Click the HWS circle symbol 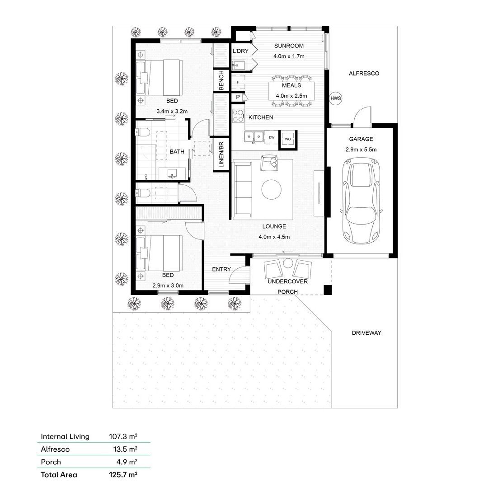336,98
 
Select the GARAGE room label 361,139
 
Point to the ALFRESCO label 364,73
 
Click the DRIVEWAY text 366,333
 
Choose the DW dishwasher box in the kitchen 272,137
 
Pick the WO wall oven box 288,139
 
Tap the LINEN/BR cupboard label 221,155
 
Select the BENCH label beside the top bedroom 221,80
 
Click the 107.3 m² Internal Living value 123,436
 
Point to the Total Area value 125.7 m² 123,474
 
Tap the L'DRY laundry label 240,52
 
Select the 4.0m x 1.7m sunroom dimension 289,56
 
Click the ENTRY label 221,270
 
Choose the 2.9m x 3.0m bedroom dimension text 168,286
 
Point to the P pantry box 237,97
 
